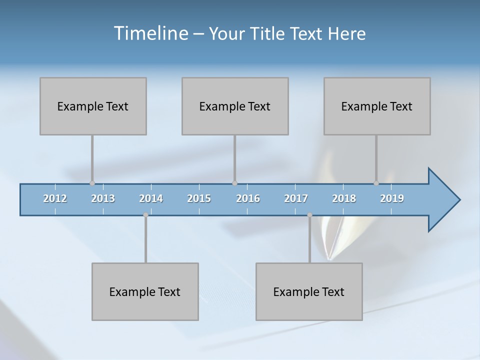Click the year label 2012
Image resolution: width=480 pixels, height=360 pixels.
[55, 198]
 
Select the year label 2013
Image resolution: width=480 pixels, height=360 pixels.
[103, 198]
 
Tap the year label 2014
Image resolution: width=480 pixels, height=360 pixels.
[151, 198]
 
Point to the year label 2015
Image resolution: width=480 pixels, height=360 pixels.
[199, 198]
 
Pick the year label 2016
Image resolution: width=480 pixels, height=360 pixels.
[248, 198]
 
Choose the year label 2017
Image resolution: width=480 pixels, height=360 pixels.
[296, 198]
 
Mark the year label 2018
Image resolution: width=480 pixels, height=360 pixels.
[344, 198]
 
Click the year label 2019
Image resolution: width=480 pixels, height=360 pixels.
[392, 198]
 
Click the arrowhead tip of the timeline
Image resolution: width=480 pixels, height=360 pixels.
[459, 200]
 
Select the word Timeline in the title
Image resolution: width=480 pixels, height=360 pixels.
[150, 33]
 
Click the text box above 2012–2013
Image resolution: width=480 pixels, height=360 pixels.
[93, 106]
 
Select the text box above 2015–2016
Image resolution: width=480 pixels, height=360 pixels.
[235, 106]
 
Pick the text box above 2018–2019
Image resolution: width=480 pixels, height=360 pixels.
[377, 106]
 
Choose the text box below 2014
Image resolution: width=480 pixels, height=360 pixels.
[145, 291]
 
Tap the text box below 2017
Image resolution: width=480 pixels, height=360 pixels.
[309, 291]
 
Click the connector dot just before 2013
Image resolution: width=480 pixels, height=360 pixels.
[92, 183]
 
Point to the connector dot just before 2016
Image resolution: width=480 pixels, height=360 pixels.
[234, 183]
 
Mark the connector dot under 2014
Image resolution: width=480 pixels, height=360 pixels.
[145, 215]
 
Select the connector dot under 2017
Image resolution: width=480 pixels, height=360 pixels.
[309, 215]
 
